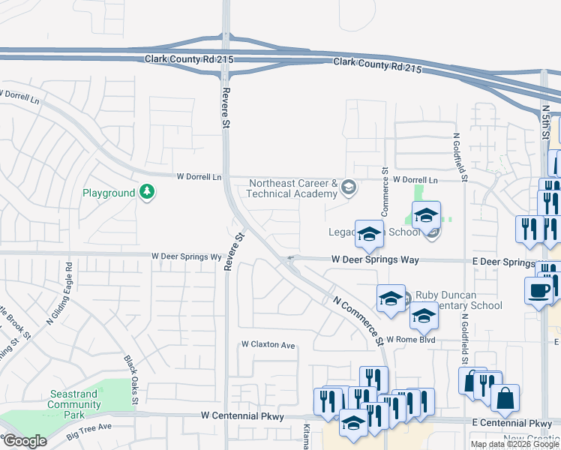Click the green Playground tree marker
pyautogui.click(x=148, y=193)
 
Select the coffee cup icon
pyautogui.click(x=538, y=290)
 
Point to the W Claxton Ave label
pyautogui.click(x=268, y=345)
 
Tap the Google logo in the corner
pyautogui.click(x=25, y=441)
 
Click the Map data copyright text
pyautogui.click(x=514, y=444)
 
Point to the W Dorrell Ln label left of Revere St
pyautogui.click(x=199, y=177)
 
